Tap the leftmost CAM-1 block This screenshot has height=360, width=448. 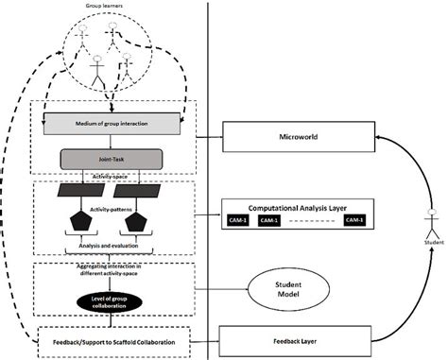tap(239, 219)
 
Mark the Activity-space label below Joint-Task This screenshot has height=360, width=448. tap(106, 176)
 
